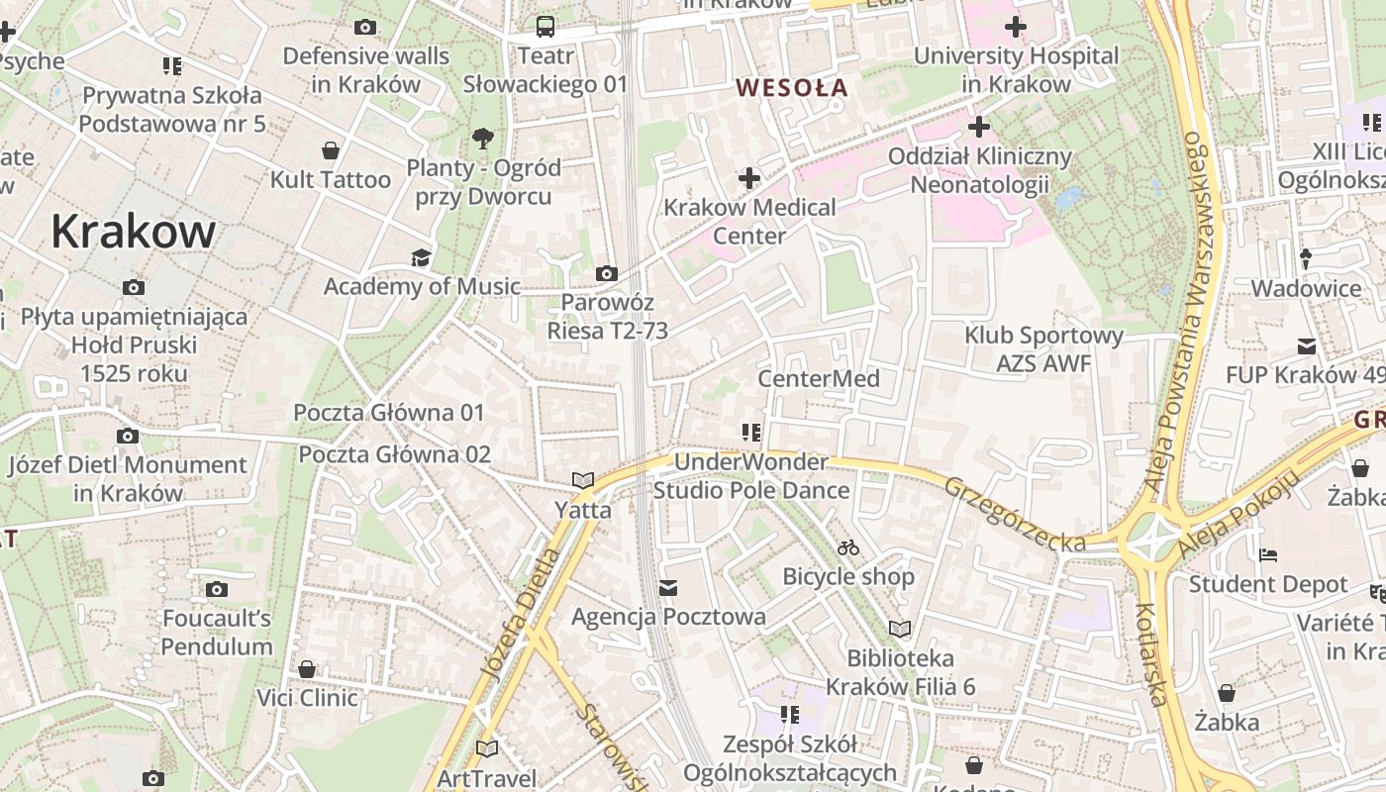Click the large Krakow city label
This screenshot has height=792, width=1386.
(133, 232)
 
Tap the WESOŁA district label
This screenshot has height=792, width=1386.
(792, 88)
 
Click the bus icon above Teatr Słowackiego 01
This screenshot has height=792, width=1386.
(545, 27)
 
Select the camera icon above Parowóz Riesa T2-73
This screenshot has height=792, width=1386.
(607, 273)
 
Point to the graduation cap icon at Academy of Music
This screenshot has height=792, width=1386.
(422, 258)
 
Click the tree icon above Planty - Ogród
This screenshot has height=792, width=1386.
(483, 138)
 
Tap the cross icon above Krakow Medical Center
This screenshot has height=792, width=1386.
(749, 178)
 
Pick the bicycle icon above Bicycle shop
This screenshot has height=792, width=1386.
(848, 547)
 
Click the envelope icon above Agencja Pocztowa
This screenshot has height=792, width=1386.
(668, 589)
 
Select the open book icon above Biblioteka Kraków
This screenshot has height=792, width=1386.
(900, 630)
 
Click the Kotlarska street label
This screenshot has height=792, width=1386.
(1150, 654)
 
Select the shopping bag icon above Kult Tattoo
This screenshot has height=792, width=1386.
(331, 150)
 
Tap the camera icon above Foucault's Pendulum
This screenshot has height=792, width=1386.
(217, 590)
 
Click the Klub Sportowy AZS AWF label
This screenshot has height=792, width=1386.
(1043, 349)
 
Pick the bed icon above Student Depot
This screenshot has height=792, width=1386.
(1268, 555)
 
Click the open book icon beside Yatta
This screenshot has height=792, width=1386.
(583, 481)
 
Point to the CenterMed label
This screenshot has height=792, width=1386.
(819, 379)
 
